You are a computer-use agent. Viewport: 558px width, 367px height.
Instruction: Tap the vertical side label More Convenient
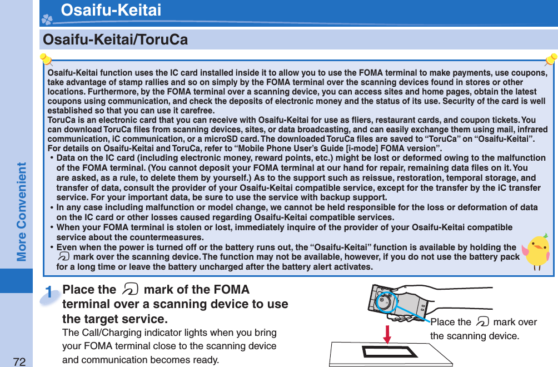pos(22,211)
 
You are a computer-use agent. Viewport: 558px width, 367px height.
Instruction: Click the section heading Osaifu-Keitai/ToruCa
pos(116,40)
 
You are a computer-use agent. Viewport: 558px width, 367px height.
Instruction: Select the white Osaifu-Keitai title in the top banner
pos(111,10)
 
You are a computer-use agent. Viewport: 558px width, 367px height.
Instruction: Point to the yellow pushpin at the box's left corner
pos(46,59)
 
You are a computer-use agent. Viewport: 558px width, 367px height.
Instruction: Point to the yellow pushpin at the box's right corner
pos(551,59)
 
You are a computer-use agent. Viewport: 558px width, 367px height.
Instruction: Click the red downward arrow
pos(387,334)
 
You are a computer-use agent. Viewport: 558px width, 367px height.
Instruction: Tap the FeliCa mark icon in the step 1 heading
pos(128,290)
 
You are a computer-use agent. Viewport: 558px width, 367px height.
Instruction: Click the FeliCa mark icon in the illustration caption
pos(482,322)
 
